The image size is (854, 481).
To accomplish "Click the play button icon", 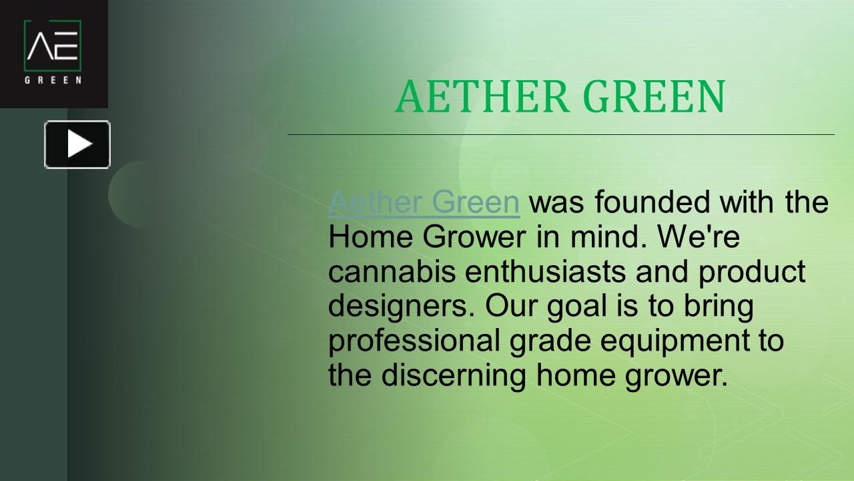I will [x=77, y=144].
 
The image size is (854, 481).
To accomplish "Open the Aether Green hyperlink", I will [x=424, y=202].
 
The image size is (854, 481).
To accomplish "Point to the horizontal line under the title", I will [x=560, y=134].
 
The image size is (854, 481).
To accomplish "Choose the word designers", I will [x=400, y=306].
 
